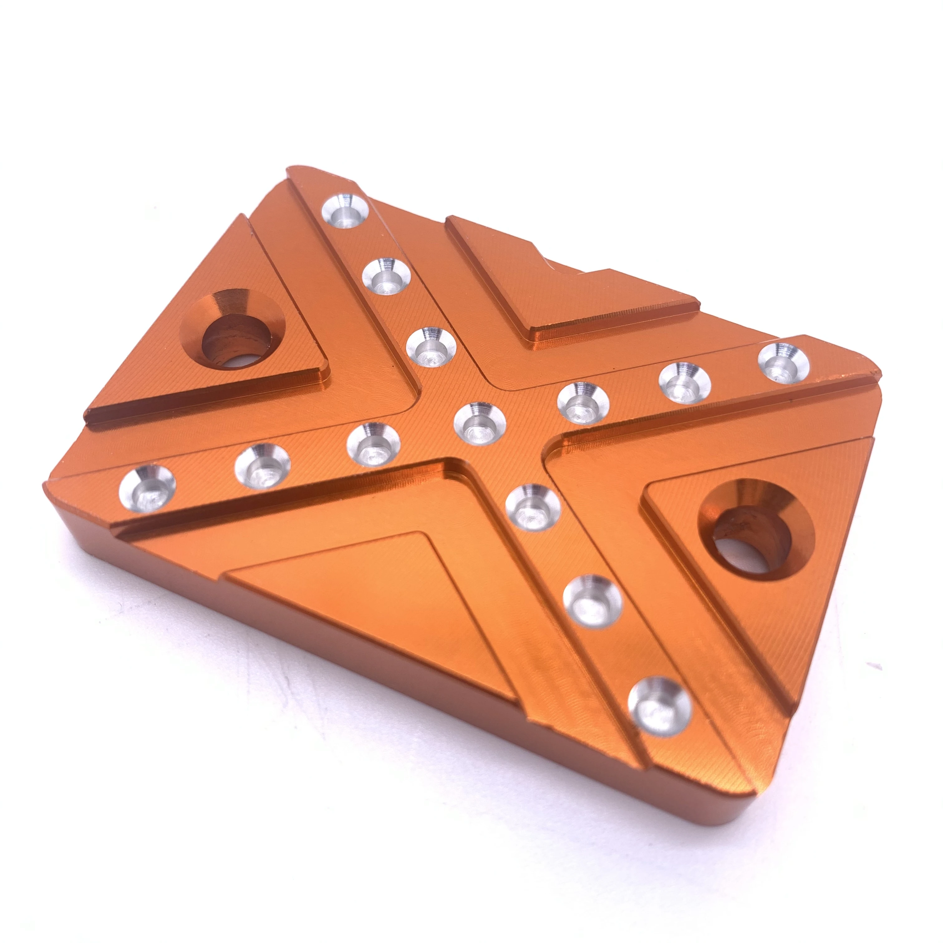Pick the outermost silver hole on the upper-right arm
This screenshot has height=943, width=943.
click(783, 362)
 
